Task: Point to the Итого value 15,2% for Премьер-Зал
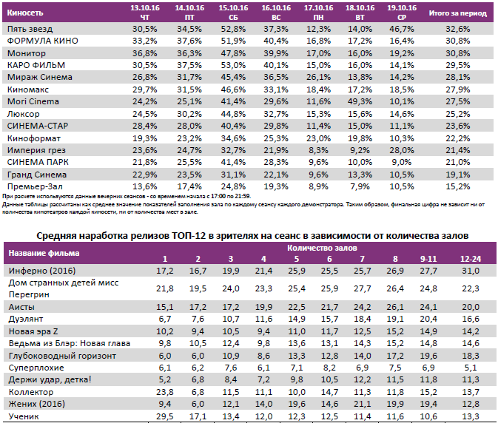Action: (x=458, y=186)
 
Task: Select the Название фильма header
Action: (x=44, y=253)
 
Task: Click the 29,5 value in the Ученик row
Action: (x=165, y=418)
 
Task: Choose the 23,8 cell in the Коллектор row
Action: (x=165, y=391)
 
